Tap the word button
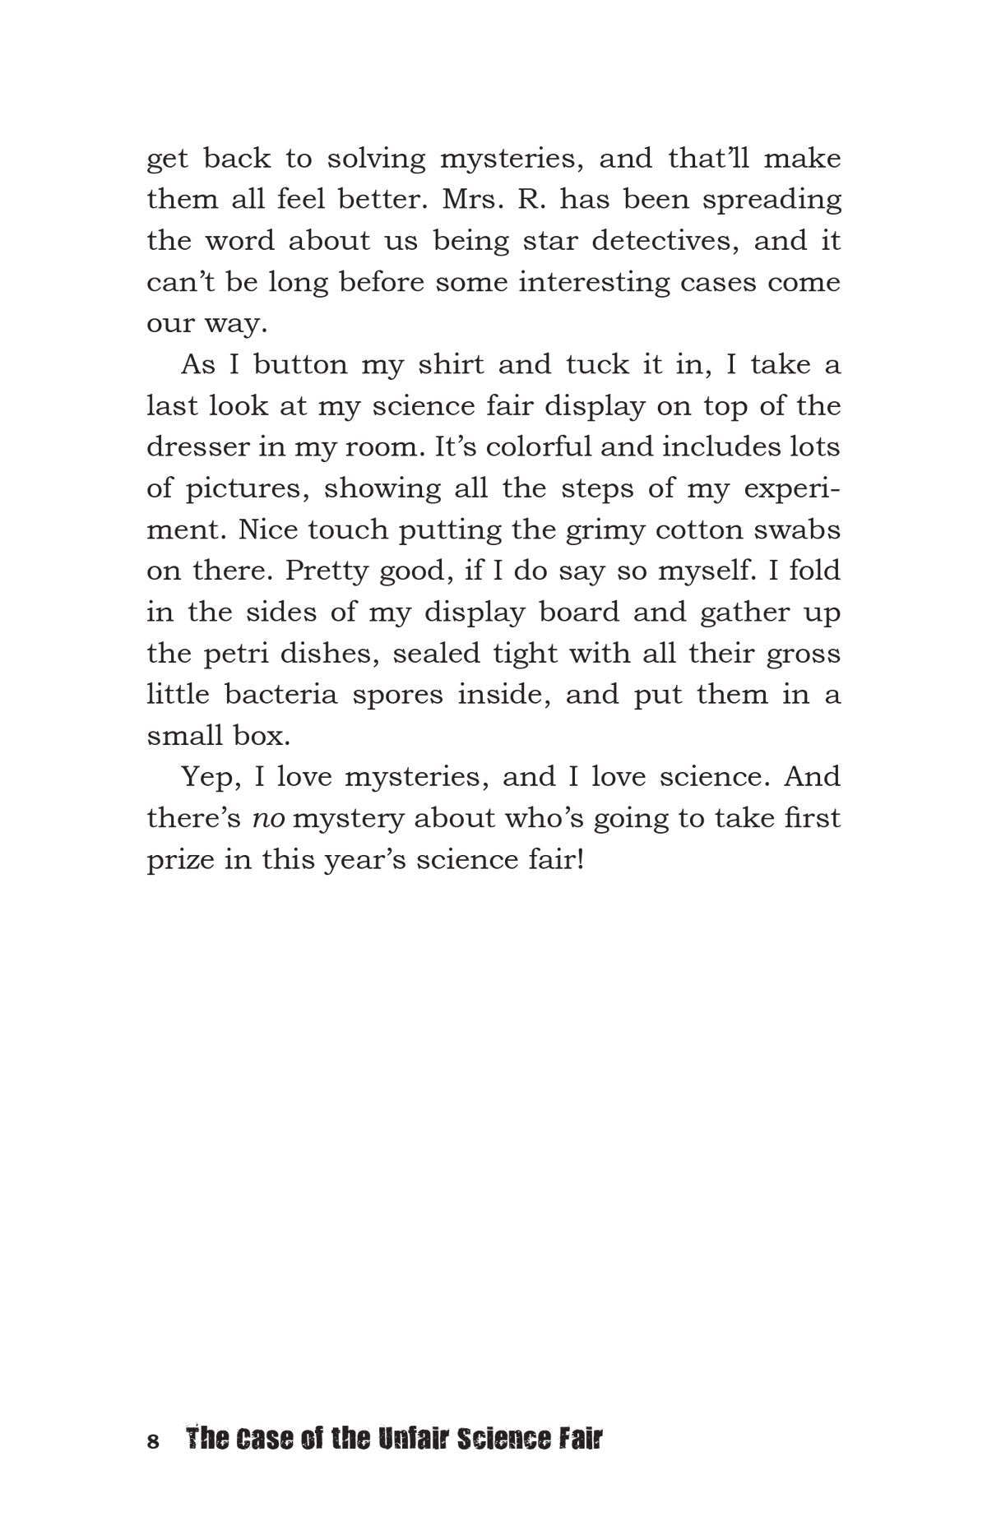tap(299, 364)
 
